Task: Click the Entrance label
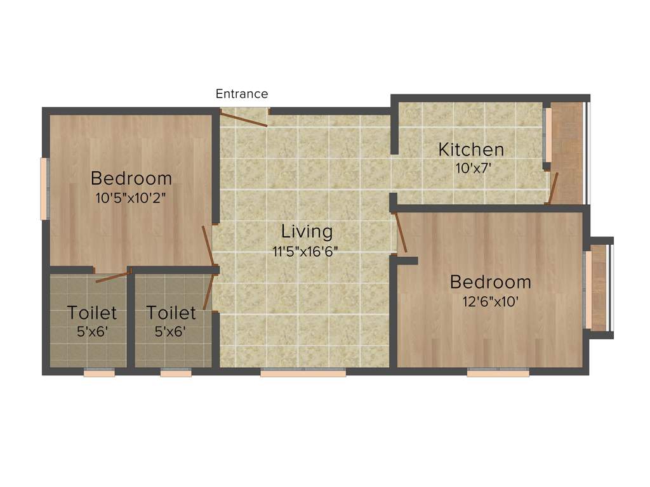point(241,94)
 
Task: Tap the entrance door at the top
point(244,117)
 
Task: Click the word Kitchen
point(471,150)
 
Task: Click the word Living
point(307,231)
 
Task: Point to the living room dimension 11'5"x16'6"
point(305,251)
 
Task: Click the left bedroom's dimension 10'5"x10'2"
point(131,198)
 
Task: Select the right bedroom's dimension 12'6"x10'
point(491,302)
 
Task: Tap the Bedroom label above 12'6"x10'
point(491,282)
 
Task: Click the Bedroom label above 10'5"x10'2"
point(131,178)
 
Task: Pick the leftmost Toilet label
point(92,313)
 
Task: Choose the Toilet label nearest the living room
point(171,313)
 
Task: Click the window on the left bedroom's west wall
point(44,189)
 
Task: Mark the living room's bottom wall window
point(303,373)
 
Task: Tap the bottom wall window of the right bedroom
point(498,373)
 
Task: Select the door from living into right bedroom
point(401,233)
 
